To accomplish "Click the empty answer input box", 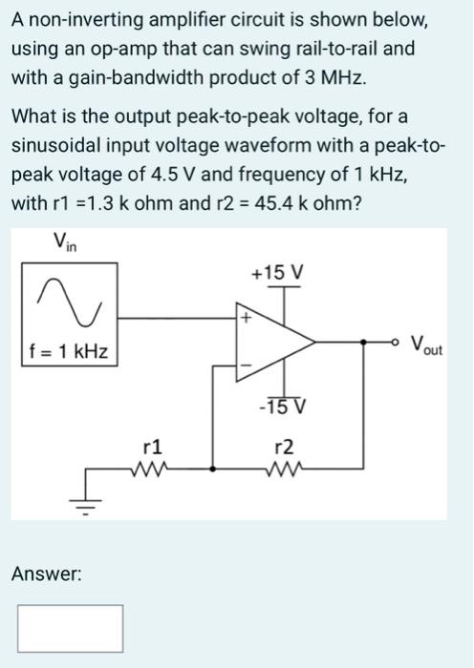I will coord(69,625).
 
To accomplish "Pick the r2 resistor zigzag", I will coord(283,469).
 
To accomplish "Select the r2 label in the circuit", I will coord(283,445).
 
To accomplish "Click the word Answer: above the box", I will coord(46,574).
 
